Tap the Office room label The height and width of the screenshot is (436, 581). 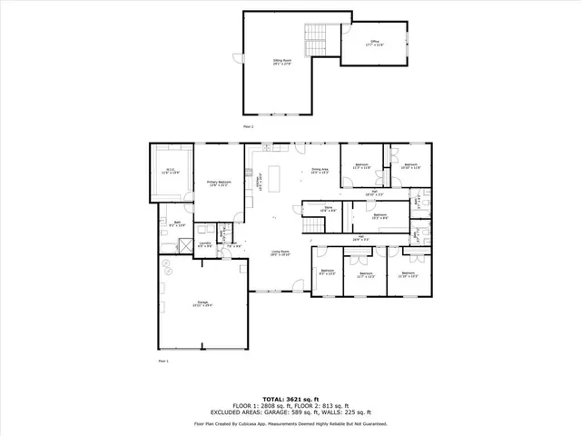[x=373, y=43]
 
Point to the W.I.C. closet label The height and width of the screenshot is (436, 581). [x=171, y=171]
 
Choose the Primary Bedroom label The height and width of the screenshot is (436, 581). [x=218, y=183]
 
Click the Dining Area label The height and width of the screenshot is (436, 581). [x=319, y=171]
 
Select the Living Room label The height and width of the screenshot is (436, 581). [x=280, y=253]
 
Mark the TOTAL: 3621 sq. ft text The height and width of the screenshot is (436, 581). [x=290, y=399]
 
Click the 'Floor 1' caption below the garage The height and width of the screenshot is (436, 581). [x=163, y=362]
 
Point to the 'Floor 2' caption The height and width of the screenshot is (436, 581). [x=248, y=126]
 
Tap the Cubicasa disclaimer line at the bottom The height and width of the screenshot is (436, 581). [x=290, y=423]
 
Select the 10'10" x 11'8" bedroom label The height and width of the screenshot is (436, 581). [x=410, y=165]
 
